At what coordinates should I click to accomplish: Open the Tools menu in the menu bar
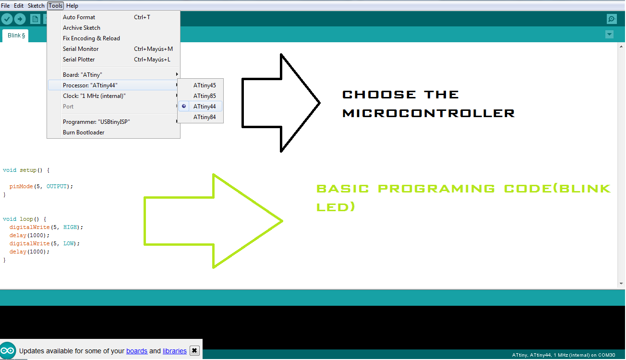(55, 6)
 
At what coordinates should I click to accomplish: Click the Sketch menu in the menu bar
(36, 6)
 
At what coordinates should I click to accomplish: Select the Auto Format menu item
(79, 17)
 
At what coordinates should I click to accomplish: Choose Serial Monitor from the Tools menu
(81, 49)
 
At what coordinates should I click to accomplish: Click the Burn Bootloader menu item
(83, 132)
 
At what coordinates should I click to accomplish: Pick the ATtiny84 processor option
(205, 117)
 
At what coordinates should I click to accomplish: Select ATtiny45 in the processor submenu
(205, 85)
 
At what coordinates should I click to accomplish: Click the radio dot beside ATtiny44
(184, 106)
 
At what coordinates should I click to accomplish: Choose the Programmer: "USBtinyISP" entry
(96, 122)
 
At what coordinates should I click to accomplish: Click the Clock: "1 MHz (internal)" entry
(94, 96)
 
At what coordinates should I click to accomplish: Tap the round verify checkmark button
(7, 19)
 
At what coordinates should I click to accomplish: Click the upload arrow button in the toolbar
(20, 19)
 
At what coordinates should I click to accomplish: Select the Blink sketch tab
(16, 36)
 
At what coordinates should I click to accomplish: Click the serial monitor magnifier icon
(612, 19)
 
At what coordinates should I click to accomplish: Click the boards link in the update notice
(137, 351)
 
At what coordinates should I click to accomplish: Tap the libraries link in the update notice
(175, 351)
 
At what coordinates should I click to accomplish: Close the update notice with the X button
(194, 350)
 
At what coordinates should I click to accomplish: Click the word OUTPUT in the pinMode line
(57, 186)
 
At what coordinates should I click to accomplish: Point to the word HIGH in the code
(70, 227)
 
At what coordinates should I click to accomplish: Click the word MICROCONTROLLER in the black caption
(428, 113)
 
